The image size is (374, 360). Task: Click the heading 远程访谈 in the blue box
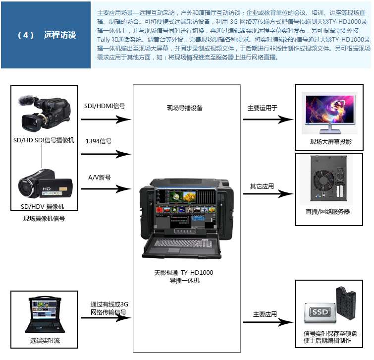pyautogui.click(x=60, y=35)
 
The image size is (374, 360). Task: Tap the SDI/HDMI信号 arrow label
pyautogui.click(x=105, y=106)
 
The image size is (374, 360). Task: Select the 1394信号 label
pyautogui.click(x=99, y=141)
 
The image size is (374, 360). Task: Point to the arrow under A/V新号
pyautogui.click(x=106, y=189)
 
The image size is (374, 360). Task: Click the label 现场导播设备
pyautogui.click(x=185, y=108)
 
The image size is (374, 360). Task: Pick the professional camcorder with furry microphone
pyautogui.click(x=44, y=113)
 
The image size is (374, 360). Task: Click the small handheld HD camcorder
pyautogui.click(x=45, y=183)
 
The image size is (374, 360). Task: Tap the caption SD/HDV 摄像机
pyautogui.click(x=43, y=206)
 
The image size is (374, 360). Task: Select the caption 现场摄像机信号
pyautogui.click(x=44, y=219)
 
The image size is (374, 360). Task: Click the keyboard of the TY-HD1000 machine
pyautogui.click(x=183, y=243)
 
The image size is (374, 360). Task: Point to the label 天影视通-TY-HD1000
pyautogui.click(x=184, y=272)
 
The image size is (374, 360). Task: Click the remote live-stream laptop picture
pyautogui.click(x=45, y=314)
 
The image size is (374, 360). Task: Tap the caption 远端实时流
pyautogui.click(x=45, y=341)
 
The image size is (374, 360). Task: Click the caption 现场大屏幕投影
pyautogui.click(x=330, y=141)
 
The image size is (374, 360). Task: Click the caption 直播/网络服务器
pyautogui.click(x=328, y=212)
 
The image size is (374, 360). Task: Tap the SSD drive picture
pyautogui.click(x=321, y=312)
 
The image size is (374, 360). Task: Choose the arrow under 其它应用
pyautogui.click(x=268, y=193)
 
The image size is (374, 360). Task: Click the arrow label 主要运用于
pyautogui.click(x=263, y=108)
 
